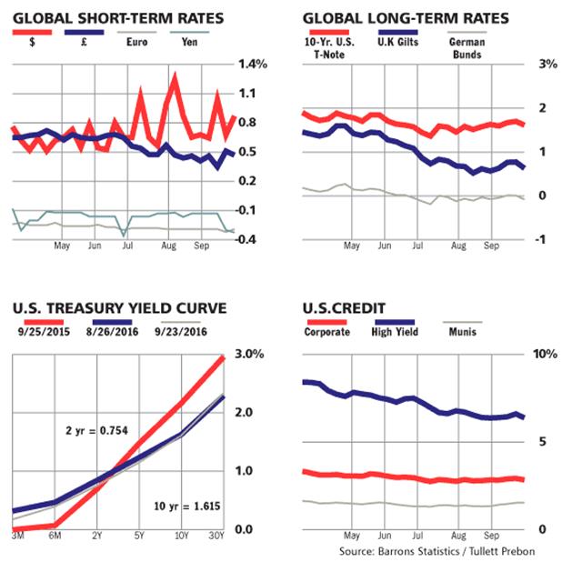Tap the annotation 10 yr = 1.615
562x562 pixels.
175,505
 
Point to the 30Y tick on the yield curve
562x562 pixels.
217,536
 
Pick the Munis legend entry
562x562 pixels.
460,331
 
